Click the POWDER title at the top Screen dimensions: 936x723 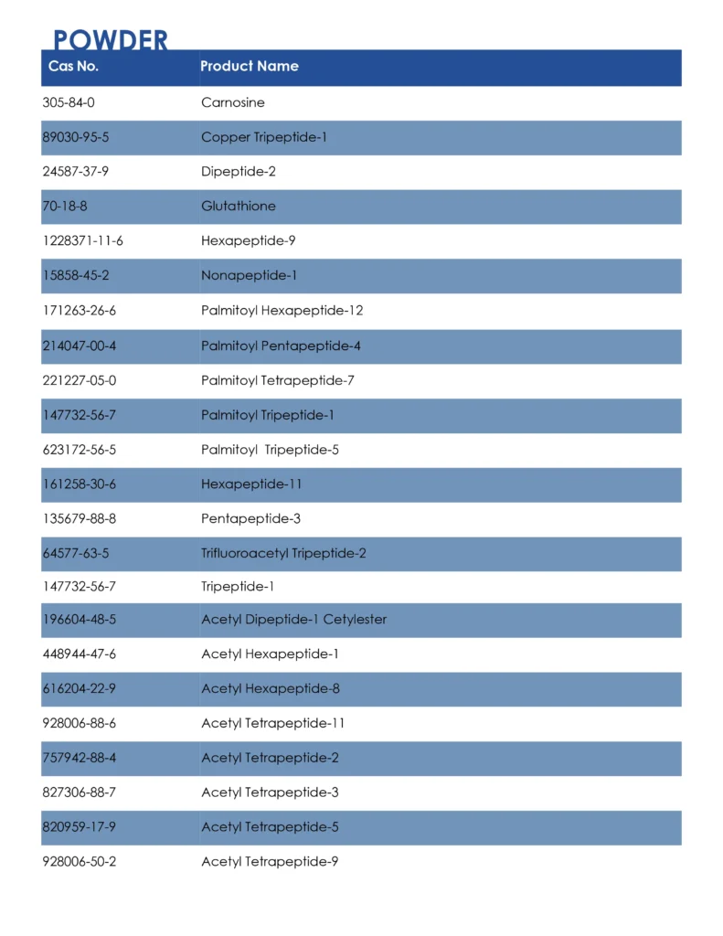(111, 40)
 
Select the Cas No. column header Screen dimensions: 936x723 (73, 66)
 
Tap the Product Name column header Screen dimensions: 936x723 (249, 66)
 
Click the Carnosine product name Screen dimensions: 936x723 (233, 102)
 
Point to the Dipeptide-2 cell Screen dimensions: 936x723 (239, 172)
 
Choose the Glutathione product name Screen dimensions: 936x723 (239, 207)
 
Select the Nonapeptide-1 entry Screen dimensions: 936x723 (250, 275)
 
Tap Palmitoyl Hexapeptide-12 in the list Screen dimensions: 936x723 (282, 311)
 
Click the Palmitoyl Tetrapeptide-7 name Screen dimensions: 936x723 (278, 380)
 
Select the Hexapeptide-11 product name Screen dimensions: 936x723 (251, 484)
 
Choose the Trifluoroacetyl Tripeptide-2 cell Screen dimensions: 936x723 (284, 553)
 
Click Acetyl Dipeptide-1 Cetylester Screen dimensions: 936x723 (294, 620)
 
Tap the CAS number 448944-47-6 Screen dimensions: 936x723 (80, 654)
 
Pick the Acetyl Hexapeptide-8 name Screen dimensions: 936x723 (271, 689)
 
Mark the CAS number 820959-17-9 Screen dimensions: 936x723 (80, 827)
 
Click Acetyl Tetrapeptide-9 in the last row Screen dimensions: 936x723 (270, 862)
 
